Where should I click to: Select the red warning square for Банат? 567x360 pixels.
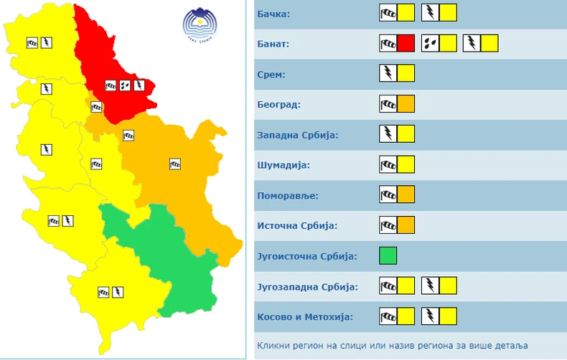pos(406,44)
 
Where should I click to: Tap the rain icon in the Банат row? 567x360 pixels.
pos(430,44)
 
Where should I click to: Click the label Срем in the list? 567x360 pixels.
pos(271,74)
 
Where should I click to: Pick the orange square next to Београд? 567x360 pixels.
pos(406,104)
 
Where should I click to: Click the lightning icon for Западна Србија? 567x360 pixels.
pos(388,134)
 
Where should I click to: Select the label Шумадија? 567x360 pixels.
pos(283,165)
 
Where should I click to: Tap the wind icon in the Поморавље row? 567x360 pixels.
pos(388,195)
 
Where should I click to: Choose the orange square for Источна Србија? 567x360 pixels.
pos(406,225)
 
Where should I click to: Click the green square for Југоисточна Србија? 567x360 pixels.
pos(388,255)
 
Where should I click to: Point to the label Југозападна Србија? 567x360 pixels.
pos(306,286)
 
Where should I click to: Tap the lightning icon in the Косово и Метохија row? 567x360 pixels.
pos(430,316)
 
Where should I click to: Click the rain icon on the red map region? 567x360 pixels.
pos(124,85)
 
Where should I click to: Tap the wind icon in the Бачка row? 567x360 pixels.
pos(388,14)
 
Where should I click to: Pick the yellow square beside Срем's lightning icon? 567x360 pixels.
pos(406,74)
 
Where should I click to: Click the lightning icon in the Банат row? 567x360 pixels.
pos(472,44)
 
